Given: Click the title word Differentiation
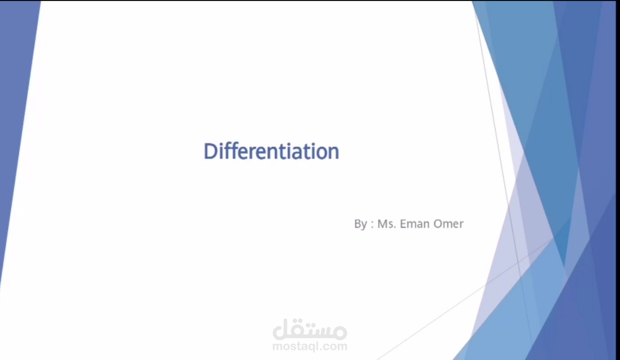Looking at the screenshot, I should click(271, 152).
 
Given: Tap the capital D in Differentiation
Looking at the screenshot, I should click(210, 152).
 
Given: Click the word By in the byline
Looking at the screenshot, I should click(360, 224).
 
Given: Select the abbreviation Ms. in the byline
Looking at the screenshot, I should click(386, 224).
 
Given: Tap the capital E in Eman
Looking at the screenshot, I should click(403, 224).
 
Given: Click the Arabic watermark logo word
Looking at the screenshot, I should click(309, 329).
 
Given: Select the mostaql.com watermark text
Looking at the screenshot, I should click(309, 346).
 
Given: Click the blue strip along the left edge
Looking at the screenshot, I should click(14, 139).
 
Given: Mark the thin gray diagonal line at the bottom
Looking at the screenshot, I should click(433, 323).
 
